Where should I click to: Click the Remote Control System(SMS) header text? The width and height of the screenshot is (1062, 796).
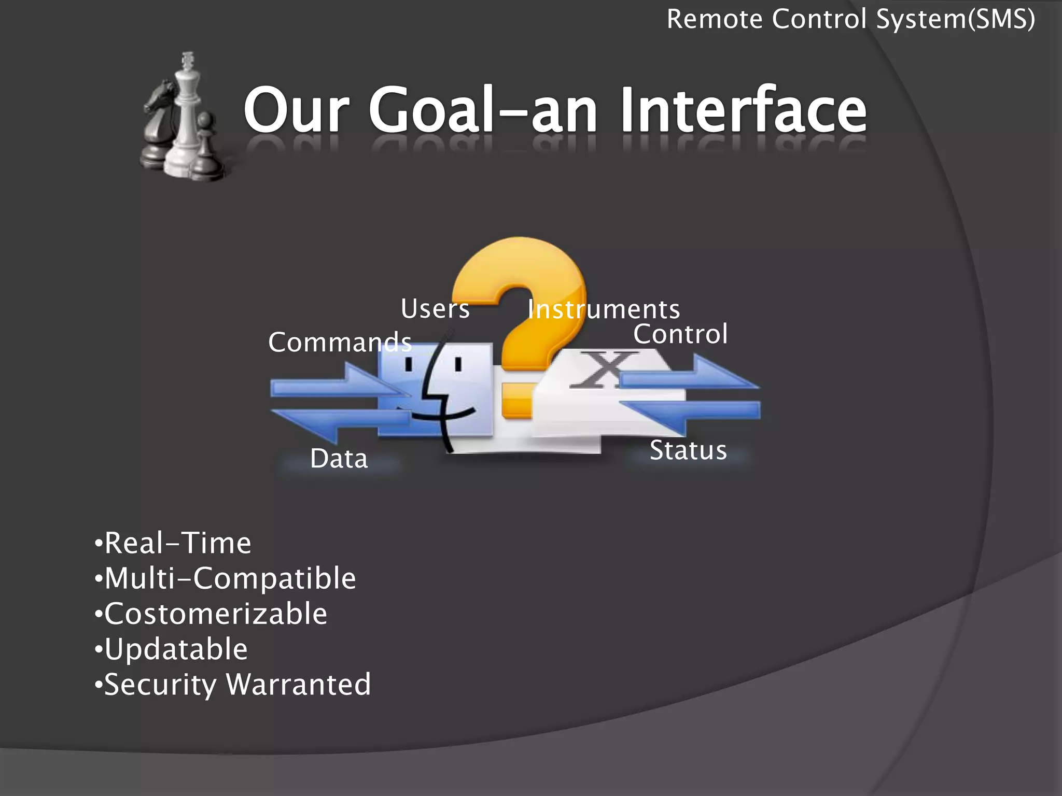[x=850, y=20]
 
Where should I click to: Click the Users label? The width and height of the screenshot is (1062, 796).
[x=435, y=309]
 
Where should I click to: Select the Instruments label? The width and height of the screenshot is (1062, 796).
[x=604, y=310]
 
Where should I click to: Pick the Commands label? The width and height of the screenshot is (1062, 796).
[x=340, y=343]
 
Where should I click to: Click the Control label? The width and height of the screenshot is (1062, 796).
[x=680, y=334]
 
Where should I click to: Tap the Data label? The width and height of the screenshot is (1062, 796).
[x=339, y=459]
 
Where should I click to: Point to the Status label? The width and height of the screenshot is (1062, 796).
[x=688, y=450]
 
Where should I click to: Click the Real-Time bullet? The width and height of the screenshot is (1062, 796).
[x=173, y=543]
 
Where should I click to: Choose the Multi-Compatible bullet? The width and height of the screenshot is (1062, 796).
[x=226, y=578]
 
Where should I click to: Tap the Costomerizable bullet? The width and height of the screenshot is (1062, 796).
[x=212, y=614]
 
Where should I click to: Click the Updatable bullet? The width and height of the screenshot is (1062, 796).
[x=172, y=649]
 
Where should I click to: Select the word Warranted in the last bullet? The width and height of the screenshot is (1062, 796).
[x=299, y=685]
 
